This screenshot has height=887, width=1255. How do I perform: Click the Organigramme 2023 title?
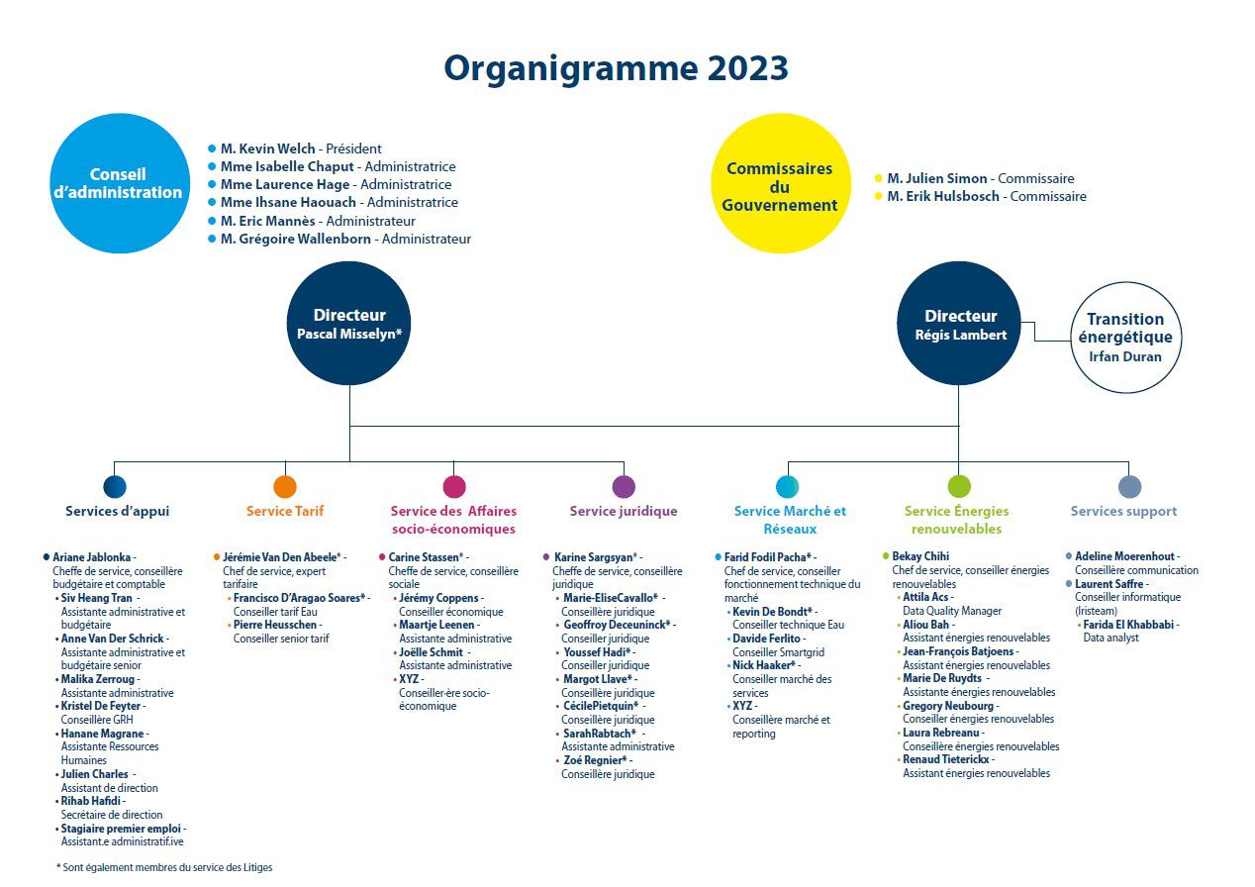616,69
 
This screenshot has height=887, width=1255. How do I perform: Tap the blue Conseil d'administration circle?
120,183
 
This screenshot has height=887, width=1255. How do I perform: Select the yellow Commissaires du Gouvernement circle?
781,183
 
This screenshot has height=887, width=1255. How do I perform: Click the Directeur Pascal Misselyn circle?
348,324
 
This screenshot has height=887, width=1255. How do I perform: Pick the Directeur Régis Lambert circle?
959,324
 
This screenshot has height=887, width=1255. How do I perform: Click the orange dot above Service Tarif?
285,486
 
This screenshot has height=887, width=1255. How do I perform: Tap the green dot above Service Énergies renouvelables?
959,486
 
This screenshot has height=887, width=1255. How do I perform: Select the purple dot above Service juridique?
624,486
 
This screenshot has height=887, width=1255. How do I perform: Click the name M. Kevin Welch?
268,148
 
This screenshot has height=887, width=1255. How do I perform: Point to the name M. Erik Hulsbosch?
943,196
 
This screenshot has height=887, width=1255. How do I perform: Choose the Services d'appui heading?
117,511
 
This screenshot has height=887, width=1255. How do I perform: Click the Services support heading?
1123,511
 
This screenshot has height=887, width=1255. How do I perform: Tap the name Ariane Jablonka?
91,557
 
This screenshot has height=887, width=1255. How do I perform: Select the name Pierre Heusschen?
275,625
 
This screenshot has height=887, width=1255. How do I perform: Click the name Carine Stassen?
424,557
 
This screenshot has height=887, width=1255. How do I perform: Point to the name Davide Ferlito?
766,639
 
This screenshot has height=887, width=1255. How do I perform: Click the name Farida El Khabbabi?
1128,625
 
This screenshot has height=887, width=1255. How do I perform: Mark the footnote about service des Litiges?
164,867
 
